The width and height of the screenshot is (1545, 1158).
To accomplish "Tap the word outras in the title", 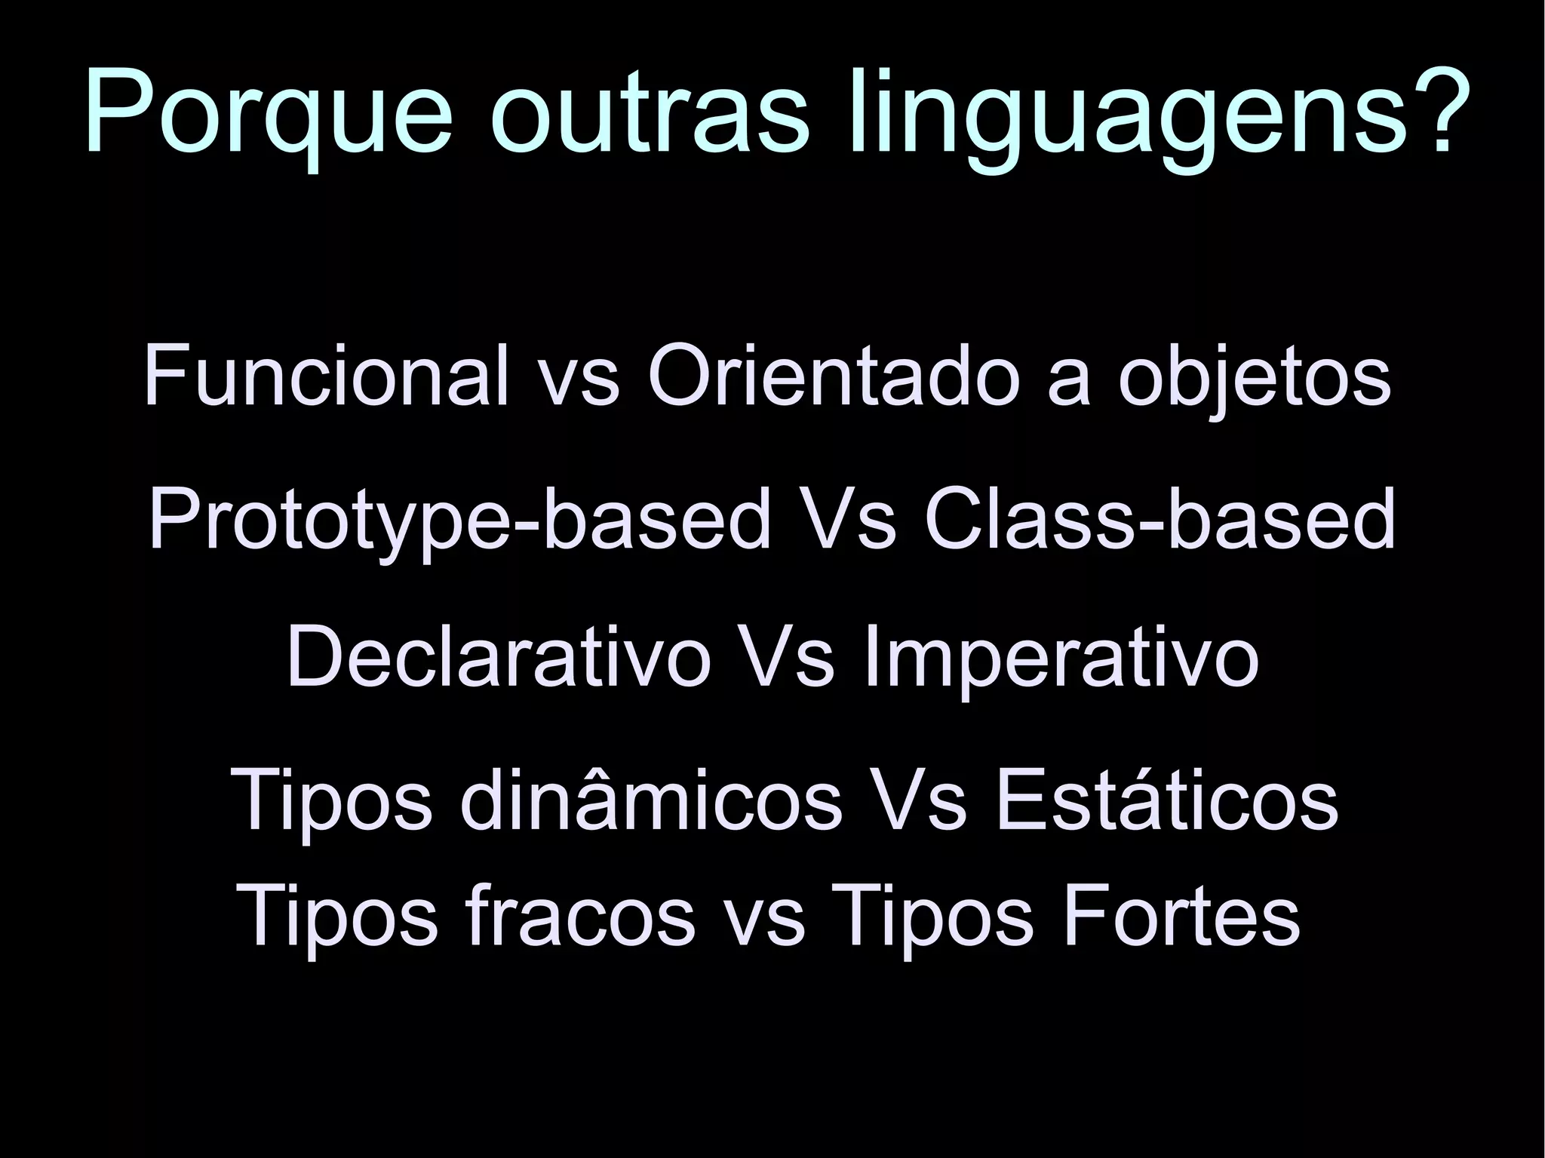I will (x=649, y=113).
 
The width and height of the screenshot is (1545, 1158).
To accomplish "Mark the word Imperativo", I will (x=1061, y=659).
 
